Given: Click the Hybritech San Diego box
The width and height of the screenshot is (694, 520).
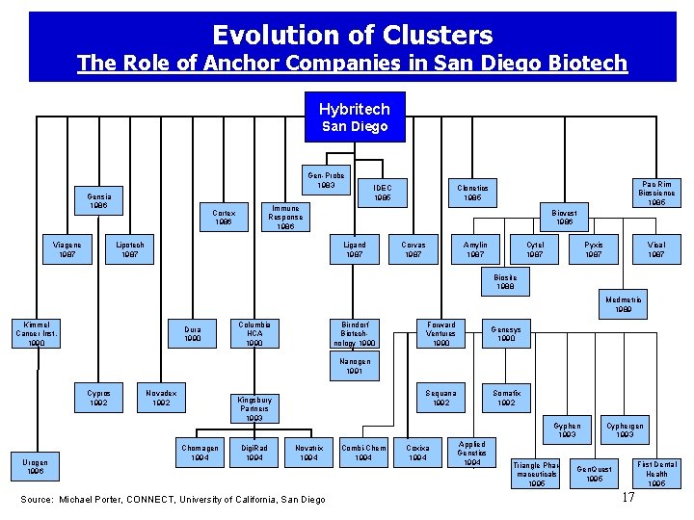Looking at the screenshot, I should [355, 117].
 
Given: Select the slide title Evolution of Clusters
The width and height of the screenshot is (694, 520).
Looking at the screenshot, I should [352, 36].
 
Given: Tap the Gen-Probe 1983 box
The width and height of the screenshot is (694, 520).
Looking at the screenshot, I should [327, 180].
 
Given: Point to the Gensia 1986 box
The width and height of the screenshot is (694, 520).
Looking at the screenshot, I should [97, 201].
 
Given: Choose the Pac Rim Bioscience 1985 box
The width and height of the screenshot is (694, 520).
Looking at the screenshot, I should [656, 193].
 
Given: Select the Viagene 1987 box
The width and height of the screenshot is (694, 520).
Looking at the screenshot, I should [67, 249].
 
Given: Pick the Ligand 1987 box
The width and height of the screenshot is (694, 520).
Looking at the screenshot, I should [354, 249].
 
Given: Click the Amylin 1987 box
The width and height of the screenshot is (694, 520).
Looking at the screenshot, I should [475, 249].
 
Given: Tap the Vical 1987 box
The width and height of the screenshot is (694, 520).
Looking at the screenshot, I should [656, 249].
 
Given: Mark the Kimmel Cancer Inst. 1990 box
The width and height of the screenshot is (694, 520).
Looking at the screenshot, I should [37, 334].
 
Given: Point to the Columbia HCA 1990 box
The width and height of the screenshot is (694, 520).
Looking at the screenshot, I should [254, 334].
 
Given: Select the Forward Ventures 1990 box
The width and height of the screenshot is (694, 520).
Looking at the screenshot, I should [440, 334].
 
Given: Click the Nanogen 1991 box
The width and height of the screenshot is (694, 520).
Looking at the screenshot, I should [354, 366].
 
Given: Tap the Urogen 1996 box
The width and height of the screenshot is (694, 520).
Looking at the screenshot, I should [36, 467].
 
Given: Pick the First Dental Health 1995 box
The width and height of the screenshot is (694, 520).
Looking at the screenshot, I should [656, 473].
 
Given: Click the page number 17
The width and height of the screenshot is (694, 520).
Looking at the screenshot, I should [627, 498].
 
